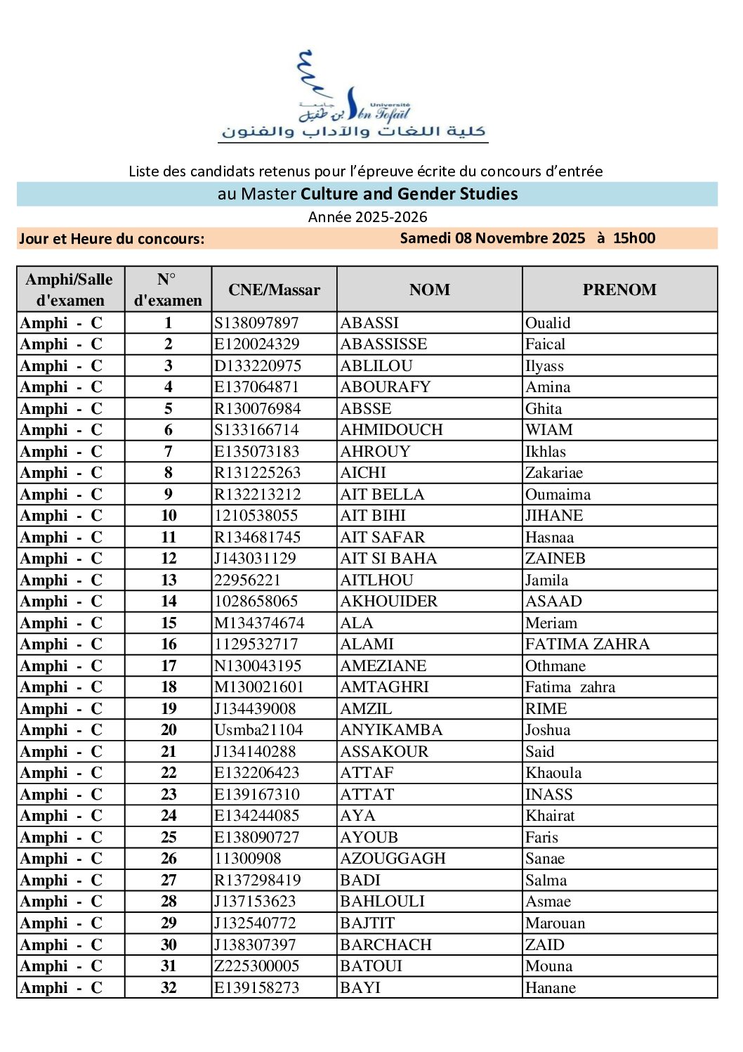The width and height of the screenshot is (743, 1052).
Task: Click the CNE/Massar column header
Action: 274,290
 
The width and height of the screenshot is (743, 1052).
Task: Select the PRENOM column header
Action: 619,290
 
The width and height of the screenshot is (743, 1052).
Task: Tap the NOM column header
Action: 429,290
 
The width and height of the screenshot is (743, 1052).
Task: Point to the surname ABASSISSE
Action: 383,344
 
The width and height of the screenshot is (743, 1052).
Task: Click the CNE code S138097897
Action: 256,323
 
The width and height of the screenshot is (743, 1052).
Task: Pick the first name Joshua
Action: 548,730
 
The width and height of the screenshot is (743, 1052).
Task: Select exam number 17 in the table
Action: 169,666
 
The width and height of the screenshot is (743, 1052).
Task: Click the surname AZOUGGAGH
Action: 393,859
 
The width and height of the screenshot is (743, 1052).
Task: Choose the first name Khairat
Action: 550,816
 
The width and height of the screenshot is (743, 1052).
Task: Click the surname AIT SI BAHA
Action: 388,559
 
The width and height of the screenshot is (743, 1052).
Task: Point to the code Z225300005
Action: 257,966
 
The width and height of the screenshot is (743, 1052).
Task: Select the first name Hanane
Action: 551,988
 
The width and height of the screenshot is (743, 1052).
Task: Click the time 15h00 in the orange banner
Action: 633,238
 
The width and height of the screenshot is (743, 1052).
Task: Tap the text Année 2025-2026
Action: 367,217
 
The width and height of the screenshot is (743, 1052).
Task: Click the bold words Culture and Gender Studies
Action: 409,194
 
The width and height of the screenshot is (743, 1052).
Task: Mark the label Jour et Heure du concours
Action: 112,239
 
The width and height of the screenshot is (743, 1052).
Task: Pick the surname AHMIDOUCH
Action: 391,430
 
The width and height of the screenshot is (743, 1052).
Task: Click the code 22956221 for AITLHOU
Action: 247,580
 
